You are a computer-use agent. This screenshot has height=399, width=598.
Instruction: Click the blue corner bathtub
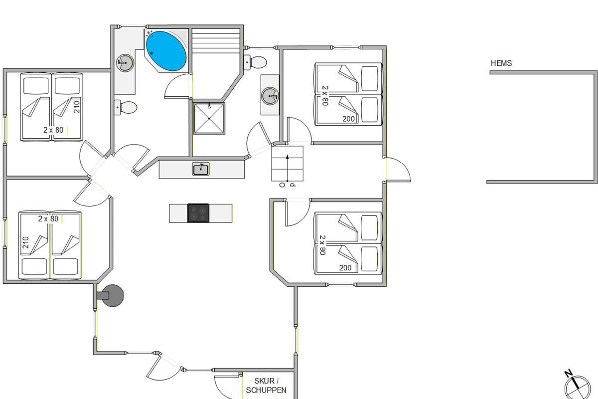[x=166, y=51]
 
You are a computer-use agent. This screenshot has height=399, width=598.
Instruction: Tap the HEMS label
[x=501, y=63]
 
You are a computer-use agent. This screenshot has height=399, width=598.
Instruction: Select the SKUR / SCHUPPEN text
[x=266, y=386]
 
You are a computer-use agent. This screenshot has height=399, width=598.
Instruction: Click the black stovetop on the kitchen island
[x=198, y=213]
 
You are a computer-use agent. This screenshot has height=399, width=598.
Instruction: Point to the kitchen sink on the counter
[x=201, y=169]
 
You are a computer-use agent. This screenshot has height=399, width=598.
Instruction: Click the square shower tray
[x=209, y=118]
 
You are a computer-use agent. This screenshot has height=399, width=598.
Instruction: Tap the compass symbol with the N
[x=577, y=385]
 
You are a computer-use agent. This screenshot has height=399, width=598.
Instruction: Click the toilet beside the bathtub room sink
[x=126, y=107]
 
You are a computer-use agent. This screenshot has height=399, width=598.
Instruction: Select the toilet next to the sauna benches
[x=255, y=62]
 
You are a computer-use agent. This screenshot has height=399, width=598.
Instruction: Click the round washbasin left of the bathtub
[x=125, y=62]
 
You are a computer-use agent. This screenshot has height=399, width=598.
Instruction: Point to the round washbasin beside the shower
[x=270, y=95]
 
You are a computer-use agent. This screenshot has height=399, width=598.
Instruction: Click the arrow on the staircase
[x=287, y=168]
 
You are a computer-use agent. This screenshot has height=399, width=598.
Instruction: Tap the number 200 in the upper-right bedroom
[x=348, y=119]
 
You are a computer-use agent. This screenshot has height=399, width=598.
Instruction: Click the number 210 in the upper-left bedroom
[x=77, y=107]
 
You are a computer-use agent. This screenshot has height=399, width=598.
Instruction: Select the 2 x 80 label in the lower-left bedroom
[x=48, y=218]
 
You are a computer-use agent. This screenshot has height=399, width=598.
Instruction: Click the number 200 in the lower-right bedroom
[x=345, y=267]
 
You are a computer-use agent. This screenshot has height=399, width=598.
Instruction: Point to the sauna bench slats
[x=216, y=40]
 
